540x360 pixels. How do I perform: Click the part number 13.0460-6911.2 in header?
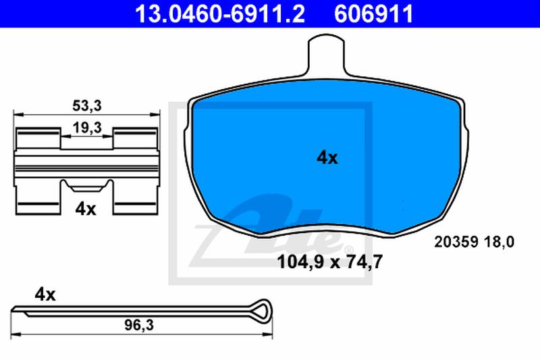220,14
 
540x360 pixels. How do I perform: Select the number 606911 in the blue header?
374,14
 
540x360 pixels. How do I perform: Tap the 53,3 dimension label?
87,106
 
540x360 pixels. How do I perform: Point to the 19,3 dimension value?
87,128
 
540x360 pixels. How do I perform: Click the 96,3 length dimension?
139,325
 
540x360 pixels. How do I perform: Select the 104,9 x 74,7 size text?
330,262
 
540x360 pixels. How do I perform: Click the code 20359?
456,242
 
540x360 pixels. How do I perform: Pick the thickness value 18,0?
499,242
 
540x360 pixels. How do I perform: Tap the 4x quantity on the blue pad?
327,158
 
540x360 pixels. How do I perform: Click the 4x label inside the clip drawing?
86,209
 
